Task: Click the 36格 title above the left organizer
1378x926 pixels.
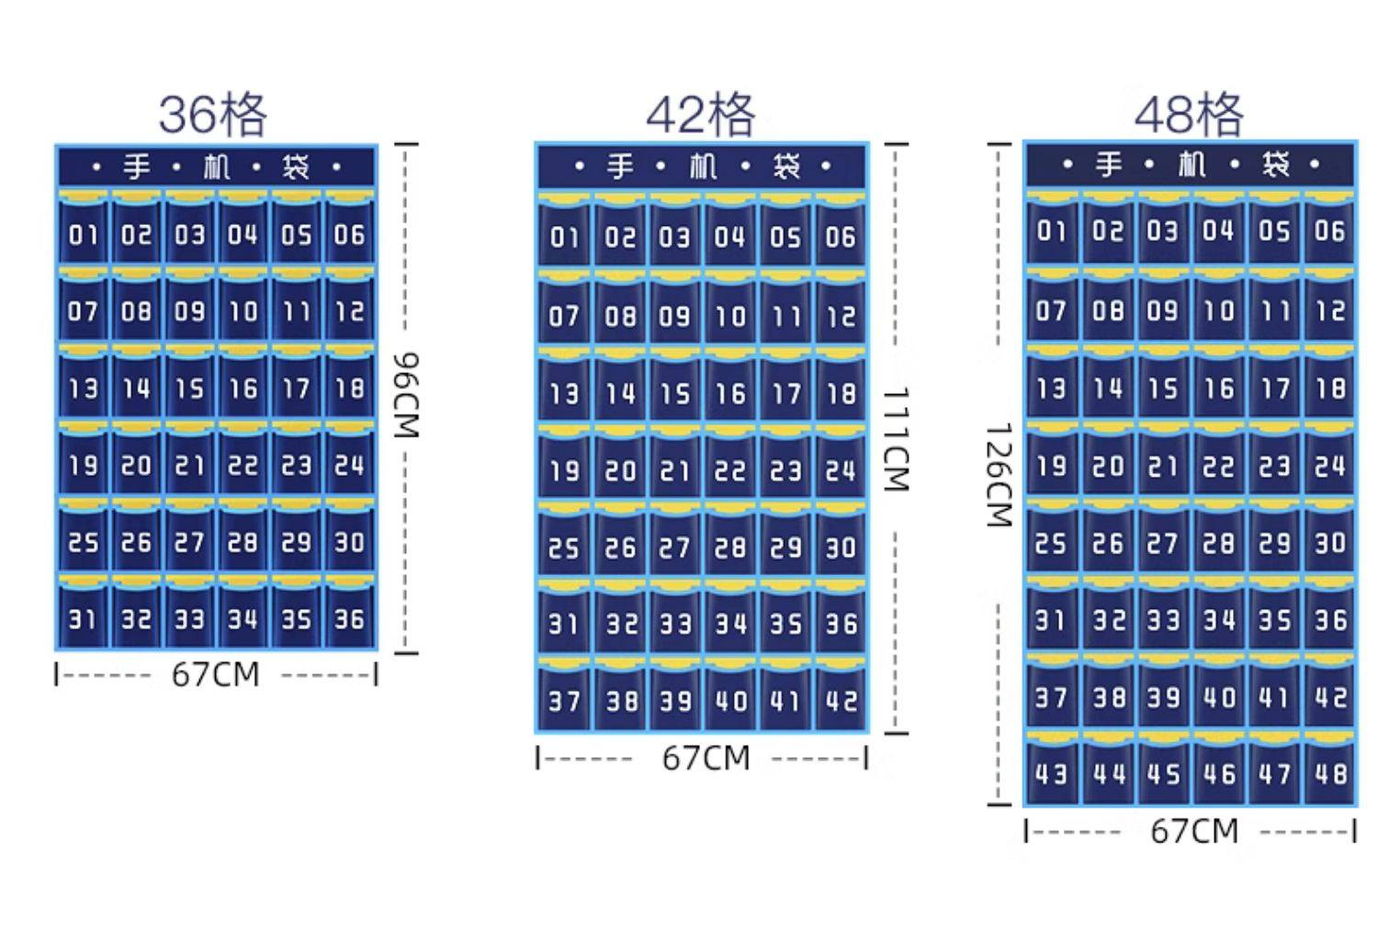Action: (213, 115)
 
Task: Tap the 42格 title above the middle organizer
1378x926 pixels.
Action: (701, 115)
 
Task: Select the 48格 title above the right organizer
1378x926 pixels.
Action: (1189, 115)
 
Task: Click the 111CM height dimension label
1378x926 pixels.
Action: (895, 439)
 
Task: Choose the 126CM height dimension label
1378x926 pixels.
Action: (998, 475)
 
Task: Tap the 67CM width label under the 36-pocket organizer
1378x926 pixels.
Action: (216, 675)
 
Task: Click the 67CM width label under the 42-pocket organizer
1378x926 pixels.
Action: (706, 759)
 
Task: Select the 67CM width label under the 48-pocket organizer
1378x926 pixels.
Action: (1193, 831)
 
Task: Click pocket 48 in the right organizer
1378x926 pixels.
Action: (1329, 773)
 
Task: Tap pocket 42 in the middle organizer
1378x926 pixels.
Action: (841, 701)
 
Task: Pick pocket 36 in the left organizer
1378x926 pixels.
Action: (350, 618)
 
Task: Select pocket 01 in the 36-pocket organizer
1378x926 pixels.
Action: (83, 235)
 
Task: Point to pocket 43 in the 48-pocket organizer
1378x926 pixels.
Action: (1051, 773)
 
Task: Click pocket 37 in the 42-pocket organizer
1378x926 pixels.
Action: (564, 701)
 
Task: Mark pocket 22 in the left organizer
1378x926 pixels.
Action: (243, 465)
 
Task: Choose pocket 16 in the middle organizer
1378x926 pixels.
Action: (730, 394)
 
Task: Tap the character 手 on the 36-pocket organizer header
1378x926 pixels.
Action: (137, 167)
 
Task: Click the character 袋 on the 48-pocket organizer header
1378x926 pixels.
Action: (1275, 165)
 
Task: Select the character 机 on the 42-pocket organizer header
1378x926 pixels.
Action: (703, 167)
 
